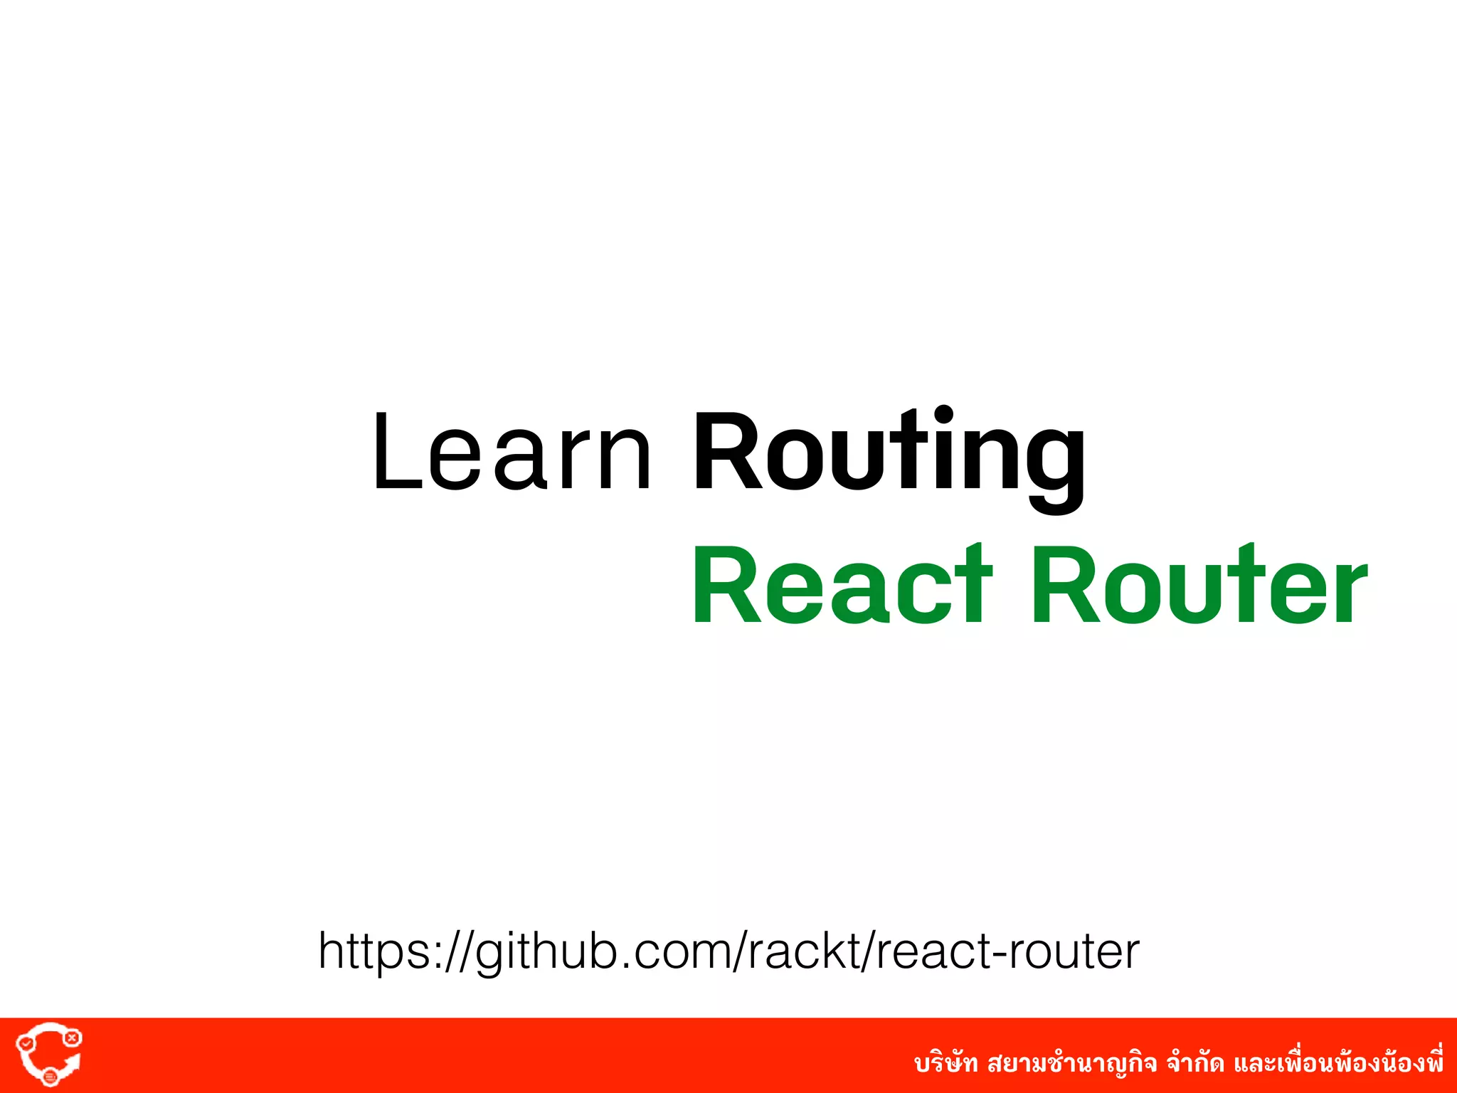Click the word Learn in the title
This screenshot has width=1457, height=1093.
tap(511, 452)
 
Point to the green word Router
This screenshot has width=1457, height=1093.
tap(1198, 585)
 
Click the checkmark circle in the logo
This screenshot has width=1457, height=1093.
tap(26, 1043)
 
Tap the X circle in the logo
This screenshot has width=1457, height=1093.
tap(72, 1038)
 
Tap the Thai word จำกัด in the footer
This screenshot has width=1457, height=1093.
tap(1194, 1064)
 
